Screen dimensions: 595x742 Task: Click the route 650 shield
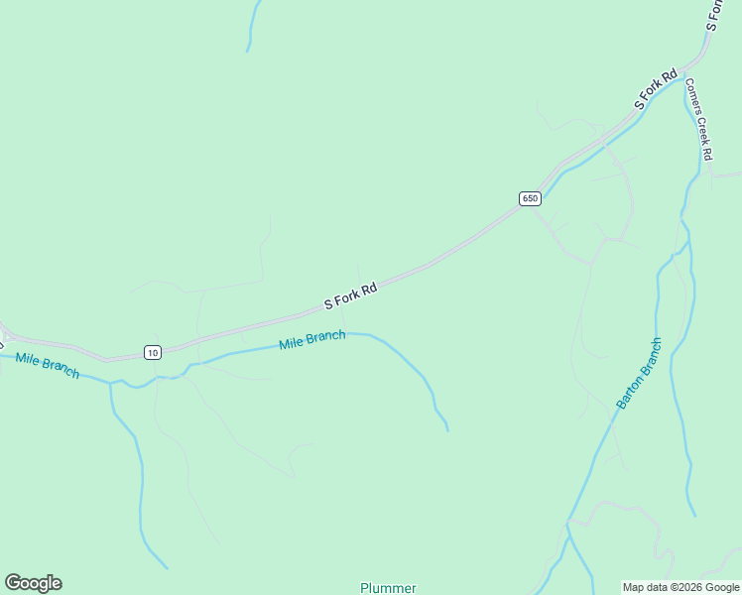click(x=530, y=198)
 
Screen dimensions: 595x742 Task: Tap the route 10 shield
click(x=151, y=352)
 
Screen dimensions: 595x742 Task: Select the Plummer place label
click(x=388, y=587)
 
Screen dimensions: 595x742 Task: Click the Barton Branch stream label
click(x=639, y=374)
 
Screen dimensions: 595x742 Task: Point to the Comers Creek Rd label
click(x=699, y=119)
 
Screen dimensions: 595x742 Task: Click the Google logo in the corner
click(x=33, y=583)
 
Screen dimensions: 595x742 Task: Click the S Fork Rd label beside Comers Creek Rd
click(x=656, y=89)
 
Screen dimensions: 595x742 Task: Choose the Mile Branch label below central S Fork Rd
click(x=312, y=340)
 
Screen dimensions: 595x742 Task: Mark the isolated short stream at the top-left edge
click(x=253, y=25)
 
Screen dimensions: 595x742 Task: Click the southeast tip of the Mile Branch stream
click(x=447, y=429)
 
